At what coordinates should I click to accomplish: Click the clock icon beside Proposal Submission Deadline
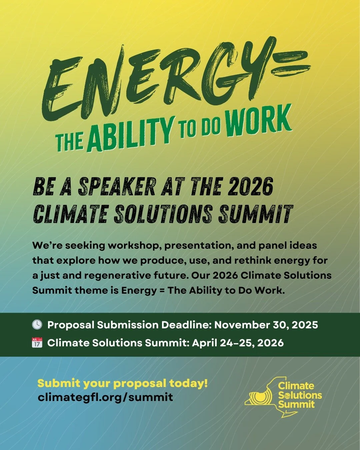pyautogui.click(x=37, y=325)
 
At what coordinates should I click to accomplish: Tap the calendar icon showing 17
pyautogui.click(x=37, y=343)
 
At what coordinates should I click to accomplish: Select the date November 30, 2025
pyautogui.click(x=266, y=325)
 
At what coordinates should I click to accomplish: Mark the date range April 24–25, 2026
pyautogui.click(x=238, y=343)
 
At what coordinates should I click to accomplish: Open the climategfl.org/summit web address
pyautogui.click(x=105, y=397)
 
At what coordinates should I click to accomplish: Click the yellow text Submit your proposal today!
pyautogui.click(x=122, y=383)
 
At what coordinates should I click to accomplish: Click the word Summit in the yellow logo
pyautogui.click(x=296, y=405)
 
